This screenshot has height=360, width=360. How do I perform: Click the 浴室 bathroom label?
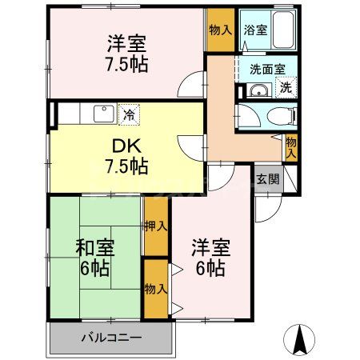tap(257, 30)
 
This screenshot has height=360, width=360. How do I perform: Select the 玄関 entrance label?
tap(268, 179)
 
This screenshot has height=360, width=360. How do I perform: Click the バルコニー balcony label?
tap(111, 337)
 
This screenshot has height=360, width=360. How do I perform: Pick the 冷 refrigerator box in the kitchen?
tap(128, 114)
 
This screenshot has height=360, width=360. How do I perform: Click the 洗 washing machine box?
tap(286, 86)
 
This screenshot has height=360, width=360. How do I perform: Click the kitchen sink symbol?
tap(103, 114)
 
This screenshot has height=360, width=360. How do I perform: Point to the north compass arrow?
tap(301, 339)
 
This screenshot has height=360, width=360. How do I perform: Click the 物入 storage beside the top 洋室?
tap(220, 30)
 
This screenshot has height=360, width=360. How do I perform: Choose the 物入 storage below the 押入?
tap(156, 286)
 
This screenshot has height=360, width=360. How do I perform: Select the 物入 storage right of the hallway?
tap(291, 146)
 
